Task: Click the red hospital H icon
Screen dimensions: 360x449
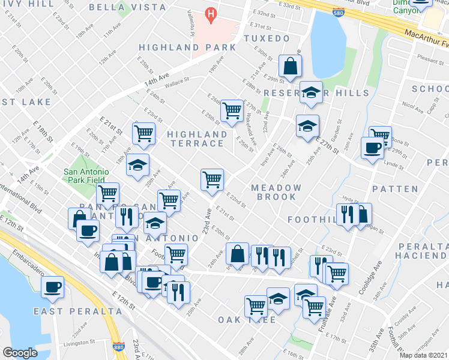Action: [210, 13]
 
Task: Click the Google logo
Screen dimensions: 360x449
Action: [20, 353]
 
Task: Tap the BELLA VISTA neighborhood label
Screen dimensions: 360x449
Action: [127, 7]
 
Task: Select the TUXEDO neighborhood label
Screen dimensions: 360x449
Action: [267, 38]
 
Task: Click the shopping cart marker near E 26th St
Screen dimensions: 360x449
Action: [231, 110]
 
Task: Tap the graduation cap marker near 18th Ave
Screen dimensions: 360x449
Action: [137, 164]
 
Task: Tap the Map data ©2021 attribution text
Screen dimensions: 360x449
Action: [423, 355]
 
